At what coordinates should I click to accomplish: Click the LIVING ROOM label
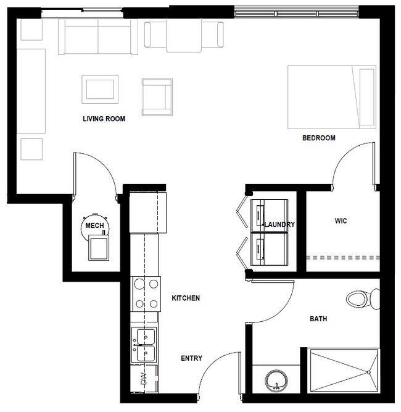104,119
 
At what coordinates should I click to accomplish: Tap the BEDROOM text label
318,138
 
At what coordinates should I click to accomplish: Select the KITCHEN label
185,298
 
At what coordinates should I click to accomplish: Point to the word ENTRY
191,358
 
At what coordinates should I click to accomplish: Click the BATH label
318,319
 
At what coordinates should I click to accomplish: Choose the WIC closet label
342,221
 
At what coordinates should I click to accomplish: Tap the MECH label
94,225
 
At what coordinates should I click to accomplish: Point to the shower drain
368,372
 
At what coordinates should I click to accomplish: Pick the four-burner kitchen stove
144,294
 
